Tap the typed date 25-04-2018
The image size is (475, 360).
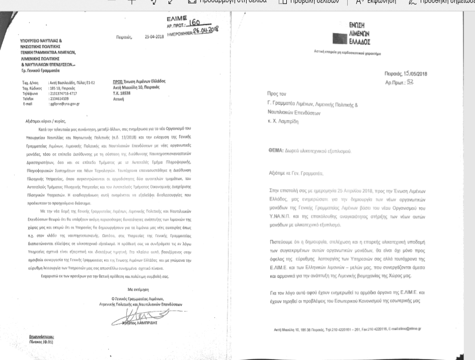[x=155, y=37]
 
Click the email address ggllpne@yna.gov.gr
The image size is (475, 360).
[x=64, y=104]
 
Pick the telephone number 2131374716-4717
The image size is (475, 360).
[x=63, y=93]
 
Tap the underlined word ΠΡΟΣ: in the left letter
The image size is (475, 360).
[x=118, y=82]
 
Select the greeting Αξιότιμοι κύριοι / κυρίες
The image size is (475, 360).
[x=45, y=121]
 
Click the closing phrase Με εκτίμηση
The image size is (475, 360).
[x=136, y=290]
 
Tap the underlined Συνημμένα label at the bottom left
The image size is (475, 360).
[x=41, y=337]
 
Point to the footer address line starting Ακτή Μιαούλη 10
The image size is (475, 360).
[x=347, y=329]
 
